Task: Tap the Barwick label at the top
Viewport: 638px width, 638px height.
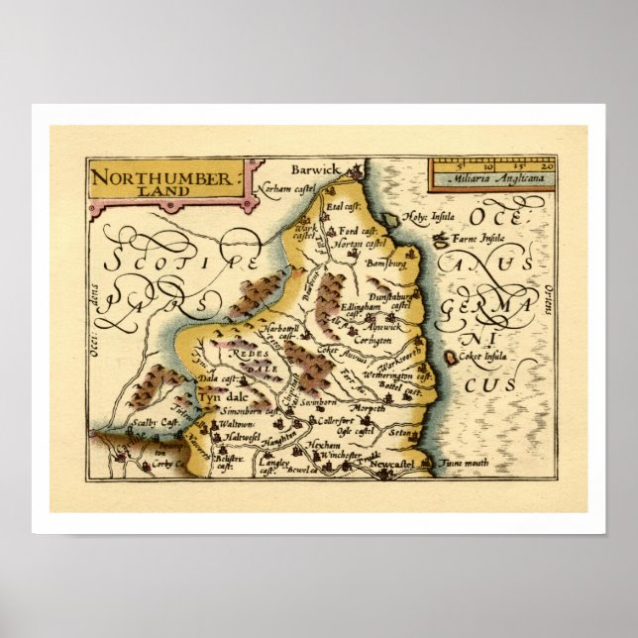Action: (x=315, y=170)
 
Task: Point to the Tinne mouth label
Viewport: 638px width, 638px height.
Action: (x=462, y=462)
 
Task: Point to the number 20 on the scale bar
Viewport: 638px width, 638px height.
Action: (x=547, y=166)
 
